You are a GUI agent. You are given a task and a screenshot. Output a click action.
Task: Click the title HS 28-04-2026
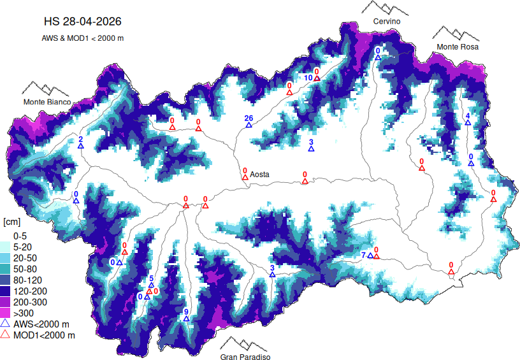pyautogui.click(x=82, y=21)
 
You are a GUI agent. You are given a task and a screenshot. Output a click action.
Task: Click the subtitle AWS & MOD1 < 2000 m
pyautogui.click(x=82, y=38)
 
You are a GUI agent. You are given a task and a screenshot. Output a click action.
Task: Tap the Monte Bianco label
pyautogui.click(x=48, y=102)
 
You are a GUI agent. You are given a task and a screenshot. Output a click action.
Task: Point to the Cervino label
pyautogui.click(x=387, y=22)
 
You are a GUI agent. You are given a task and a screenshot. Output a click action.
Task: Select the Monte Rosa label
pyautogui.click(x=457, y=47)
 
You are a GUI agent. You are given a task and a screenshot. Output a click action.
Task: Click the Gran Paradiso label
pyautogui.click(x=245, y=357)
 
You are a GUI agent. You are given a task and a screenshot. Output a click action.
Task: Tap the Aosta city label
pyautogui.click(x=259, y=174)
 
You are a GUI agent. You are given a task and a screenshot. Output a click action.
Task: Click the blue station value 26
pyautogui.click(x=249, y=118)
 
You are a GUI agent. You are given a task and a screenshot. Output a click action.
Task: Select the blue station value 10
pyautogui.click(x=307, y=78)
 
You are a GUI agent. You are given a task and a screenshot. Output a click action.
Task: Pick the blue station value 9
pyautogui.click(x=186, y=312)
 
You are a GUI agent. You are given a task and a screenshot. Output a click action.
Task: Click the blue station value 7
pyautogui.click(x=364, y=255)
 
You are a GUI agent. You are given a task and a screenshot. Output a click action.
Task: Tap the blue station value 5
pyautogui.click(x=151, y=278)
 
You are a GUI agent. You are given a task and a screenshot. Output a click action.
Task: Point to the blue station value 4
pyautogui.click(x=467, y=115)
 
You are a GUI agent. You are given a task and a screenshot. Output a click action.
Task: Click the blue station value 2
pyautogui.click(x=80, y=139)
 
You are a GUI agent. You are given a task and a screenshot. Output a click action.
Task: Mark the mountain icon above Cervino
pyautogui.click(x=385, y=8)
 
